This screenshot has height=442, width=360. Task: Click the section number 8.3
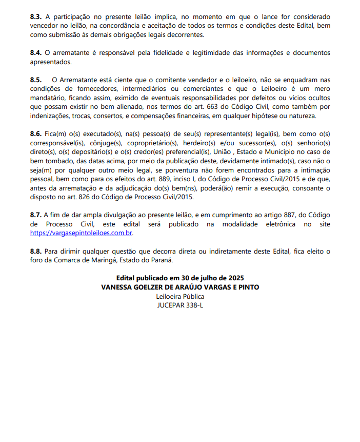[36, 17]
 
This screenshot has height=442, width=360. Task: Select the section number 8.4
[36, 53]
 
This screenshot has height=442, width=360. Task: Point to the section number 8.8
[36, 251]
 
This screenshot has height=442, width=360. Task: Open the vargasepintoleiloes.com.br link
[82, 233]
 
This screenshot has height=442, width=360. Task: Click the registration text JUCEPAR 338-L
[180, 305]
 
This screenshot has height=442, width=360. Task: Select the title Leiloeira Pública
[180, 296]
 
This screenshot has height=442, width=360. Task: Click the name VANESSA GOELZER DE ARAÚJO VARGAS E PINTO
[180, 287]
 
